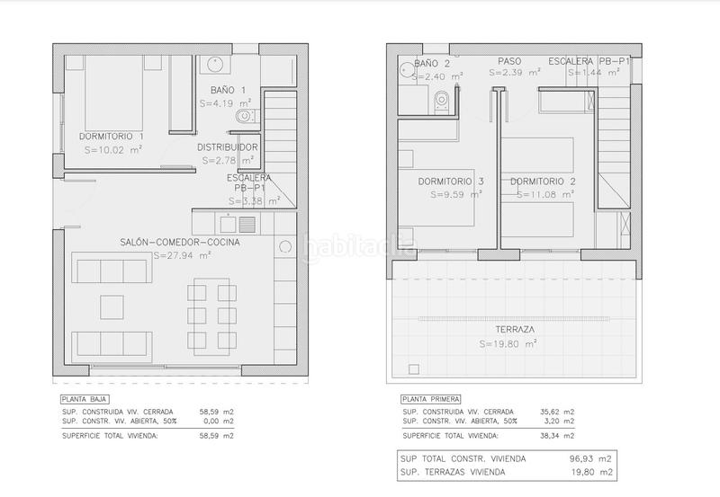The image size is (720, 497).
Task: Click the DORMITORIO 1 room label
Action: pos(112,136)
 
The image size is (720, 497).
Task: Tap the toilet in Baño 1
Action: pos(244,116)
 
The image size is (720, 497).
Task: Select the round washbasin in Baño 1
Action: pos(214,64)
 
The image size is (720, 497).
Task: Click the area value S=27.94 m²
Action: pos(182,255)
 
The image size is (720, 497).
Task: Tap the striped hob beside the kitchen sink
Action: pos(247,224)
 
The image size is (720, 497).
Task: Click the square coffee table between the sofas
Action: pos(112,306)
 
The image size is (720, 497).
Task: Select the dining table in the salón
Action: pos(211,315)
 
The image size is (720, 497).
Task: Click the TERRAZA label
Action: pos(508,329)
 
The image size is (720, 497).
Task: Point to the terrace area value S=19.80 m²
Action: pos(508,342)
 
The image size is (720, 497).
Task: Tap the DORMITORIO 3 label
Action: pos(451,181)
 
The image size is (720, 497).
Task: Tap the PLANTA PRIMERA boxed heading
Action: pos(430,398)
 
